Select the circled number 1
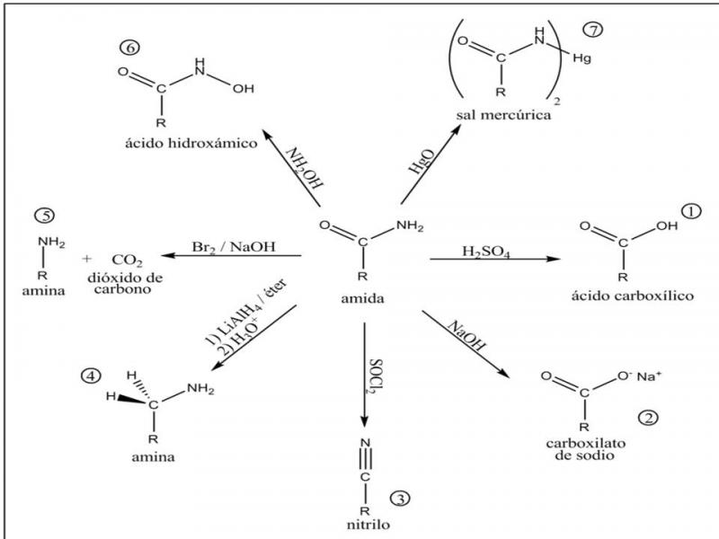click(x=690, y=211)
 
